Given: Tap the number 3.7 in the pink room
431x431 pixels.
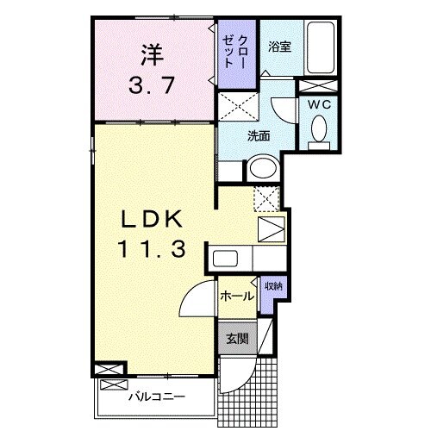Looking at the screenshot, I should pyautogui.click(x=152, y=86).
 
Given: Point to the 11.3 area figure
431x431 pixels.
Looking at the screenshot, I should pyautogui.click(x=152, y=250).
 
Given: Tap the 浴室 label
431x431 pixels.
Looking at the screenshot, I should pyautogui.click(x=278, y=47).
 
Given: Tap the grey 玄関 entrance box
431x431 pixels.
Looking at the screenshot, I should pyautogui.click(x=236, y=338).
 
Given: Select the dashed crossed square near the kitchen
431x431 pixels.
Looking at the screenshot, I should pyautogui.click(x=266, y=197).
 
